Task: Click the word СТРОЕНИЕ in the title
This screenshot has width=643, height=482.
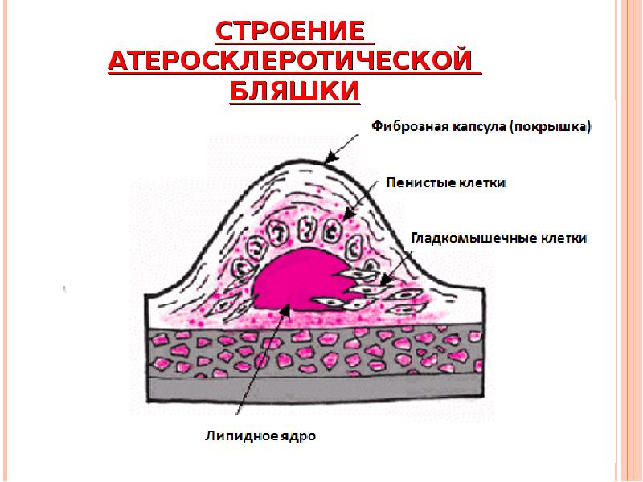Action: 295,33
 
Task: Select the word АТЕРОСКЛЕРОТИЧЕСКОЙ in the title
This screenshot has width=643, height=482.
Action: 295,63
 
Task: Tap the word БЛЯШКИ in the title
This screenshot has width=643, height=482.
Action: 295,92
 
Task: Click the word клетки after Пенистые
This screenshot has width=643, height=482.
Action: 482,182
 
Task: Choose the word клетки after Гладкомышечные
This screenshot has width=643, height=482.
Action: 562,239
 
